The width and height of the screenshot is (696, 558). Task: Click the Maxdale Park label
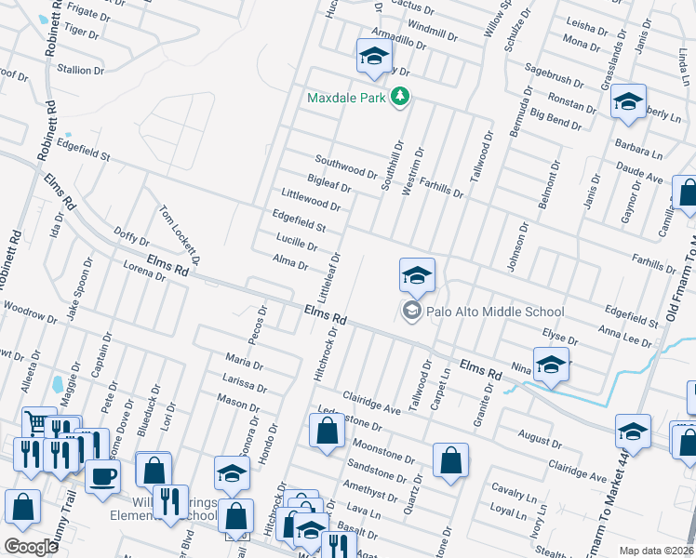(x=348, y=97)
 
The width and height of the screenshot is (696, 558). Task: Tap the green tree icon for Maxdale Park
(x=400, y=97)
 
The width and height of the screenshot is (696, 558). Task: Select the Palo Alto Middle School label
(x=495, y=312)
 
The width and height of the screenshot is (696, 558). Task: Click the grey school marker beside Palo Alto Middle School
(x=411, y=311)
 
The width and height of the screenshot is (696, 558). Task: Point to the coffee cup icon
(x=102, y=475)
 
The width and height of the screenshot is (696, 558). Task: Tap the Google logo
(x=32, y=546)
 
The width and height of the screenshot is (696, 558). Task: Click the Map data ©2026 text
(x=656, y=551)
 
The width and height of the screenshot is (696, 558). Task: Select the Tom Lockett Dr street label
(x=181, y=232)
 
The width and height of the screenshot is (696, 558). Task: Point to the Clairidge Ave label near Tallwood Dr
(x=371, y=401)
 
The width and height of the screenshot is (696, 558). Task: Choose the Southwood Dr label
(x=345, y=166)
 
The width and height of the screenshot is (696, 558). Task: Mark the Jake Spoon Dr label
(x=84, y=290)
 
